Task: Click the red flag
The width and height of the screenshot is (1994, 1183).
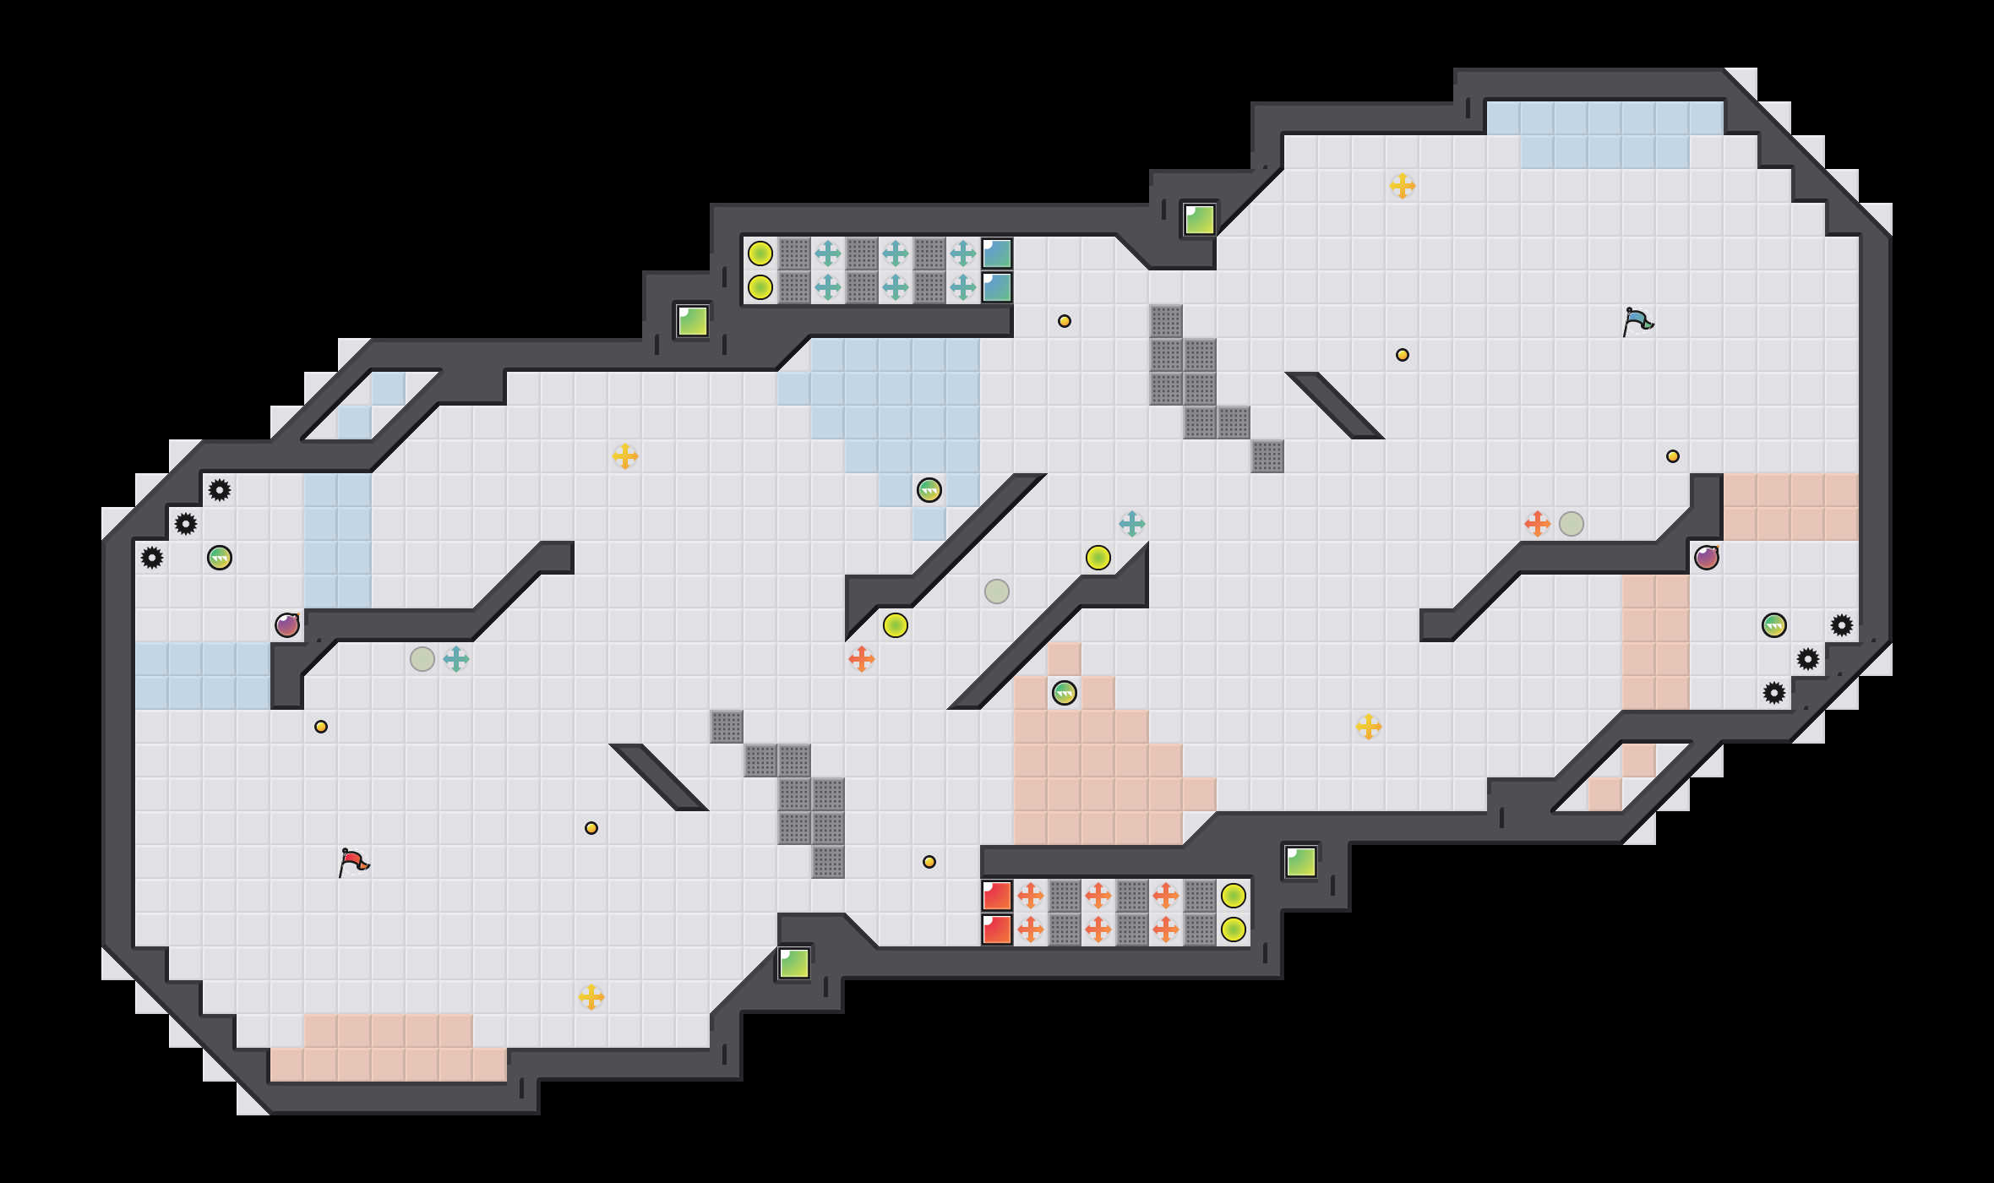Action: [x=353, y=862]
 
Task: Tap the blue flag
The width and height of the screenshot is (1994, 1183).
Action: [x=1637, y=321]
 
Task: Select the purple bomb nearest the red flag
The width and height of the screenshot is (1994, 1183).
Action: [x=287, y=625]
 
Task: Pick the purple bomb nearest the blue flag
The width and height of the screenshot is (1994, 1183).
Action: [x=1707, y=558]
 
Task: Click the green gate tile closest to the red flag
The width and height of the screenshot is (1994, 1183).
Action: [x=794, y=963]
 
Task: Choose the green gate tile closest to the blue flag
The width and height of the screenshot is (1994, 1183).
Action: [x=1200, y=220]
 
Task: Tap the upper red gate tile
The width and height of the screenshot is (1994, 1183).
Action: [x=997, y=896]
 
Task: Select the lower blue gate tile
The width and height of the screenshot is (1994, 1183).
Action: [x=997, y=287]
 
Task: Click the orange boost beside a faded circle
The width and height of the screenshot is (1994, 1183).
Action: [x=1538, y=524]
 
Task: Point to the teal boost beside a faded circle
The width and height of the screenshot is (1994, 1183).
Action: [x=456, y=659]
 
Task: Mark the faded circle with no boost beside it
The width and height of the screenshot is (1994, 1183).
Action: [x=997, y=591]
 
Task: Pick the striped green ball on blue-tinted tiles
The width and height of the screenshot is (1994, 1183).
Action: [x=929, y=490]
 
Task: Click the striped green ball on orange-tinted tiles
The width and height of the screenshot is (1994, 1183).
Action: [x=1065, y=693]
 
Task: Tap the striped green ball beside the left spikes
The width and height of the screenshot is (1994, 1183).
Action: [x=220, y=558]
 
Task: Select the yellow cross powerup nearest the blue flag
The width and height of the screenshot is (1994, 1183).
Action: [x=1403, y=186]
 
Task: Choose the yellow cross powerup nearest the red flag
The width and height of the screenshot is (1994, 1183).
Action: [x=591, y=997]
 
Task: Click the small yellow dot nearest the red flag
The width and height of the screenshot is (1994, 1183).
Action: [x=321, y=727]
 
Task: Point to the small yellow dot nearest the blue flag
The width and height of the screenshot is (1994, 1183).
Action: [x=1673, y=456]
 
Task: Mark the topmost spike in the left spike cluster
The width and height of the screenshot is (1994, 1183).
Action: [x=220, y=490]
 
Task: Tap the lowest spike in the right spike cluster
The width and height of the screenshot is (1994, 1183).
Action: [x=1774, y=693]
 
